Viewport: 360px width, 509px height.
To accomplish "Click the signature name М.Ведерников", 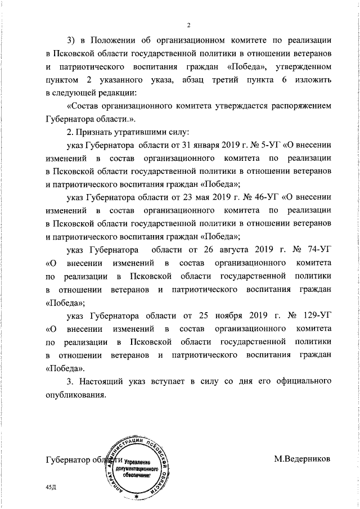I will (303, 459).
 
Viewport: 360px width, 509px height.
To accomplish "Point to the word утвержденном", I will (301, 67).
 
